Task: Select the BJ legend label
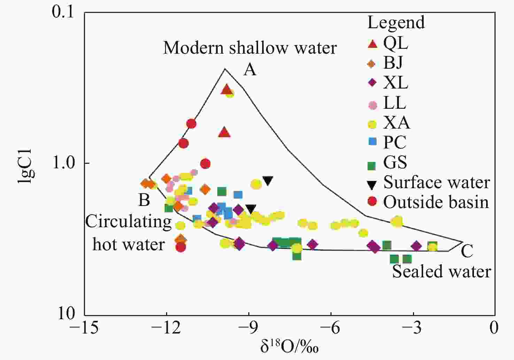click(x=393, y=63)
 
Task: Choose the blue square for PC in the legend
click(x=373, y=142)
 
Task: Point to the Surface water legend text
click(x=437, y=182)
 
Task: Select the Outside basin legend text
click(x=436, y=202)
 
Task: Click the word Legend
click(x=396, y=23)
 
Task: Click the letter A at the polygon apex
click(x=250, y=70)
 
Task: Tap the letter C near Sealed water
click(x=467, y=251)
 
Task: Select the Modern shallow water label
click(x=250, y=48)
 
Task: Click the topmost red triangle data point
click(x=227, y=90)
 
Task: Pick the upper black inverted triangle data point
click(x=268, y=181)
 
